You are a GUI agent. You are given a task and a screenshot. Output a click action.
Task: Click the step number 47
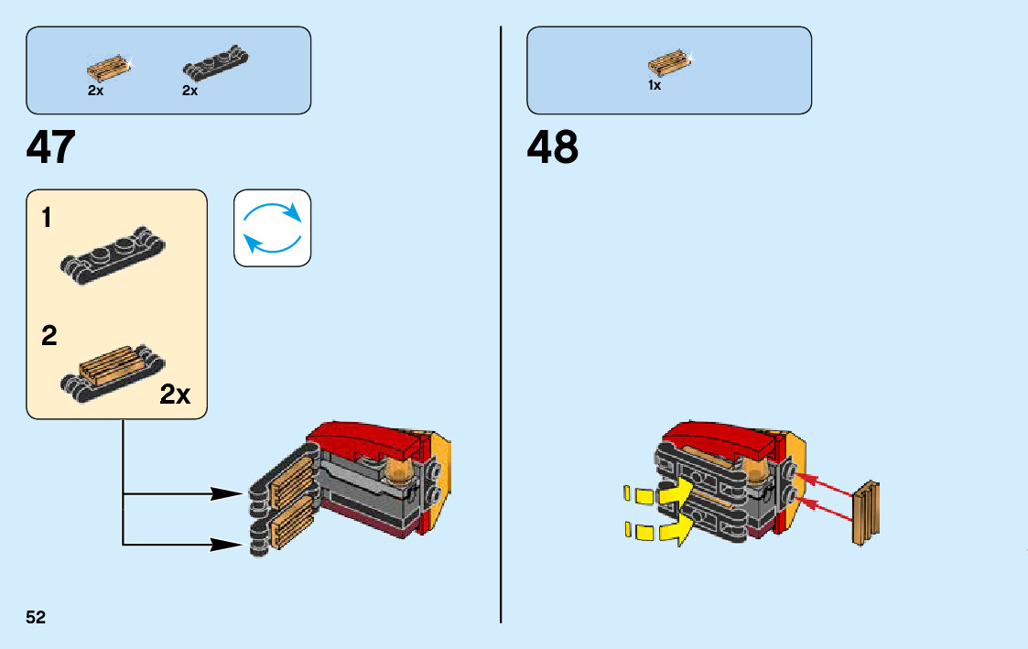(51, 147)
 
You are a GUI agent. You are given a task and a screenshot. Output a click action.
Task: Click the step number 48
(553, 147)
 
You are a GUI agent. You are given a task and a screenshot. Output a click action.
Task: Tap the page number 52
(36, 617)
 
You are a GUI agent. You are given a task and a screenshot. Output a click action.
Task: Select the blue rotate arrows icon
(272, 228)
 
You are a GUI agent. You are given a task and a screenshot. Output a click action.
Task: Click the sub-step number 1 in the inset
(48, 218)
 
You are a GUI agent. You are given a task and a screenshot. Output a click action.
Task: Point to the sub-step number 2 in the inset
(49, 336)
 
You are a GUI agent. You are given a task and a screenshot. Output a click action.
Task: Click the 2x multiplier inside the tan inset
(175, 395)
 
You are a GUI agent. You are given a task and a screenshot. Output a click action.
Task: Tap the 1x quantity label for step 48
(655, 85)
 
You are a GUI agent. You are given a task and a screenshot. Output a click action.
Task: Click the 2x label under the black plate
(190, 91)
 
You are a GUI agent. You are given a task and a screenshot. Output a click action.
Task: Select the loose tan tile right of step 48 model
(866, 513)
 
